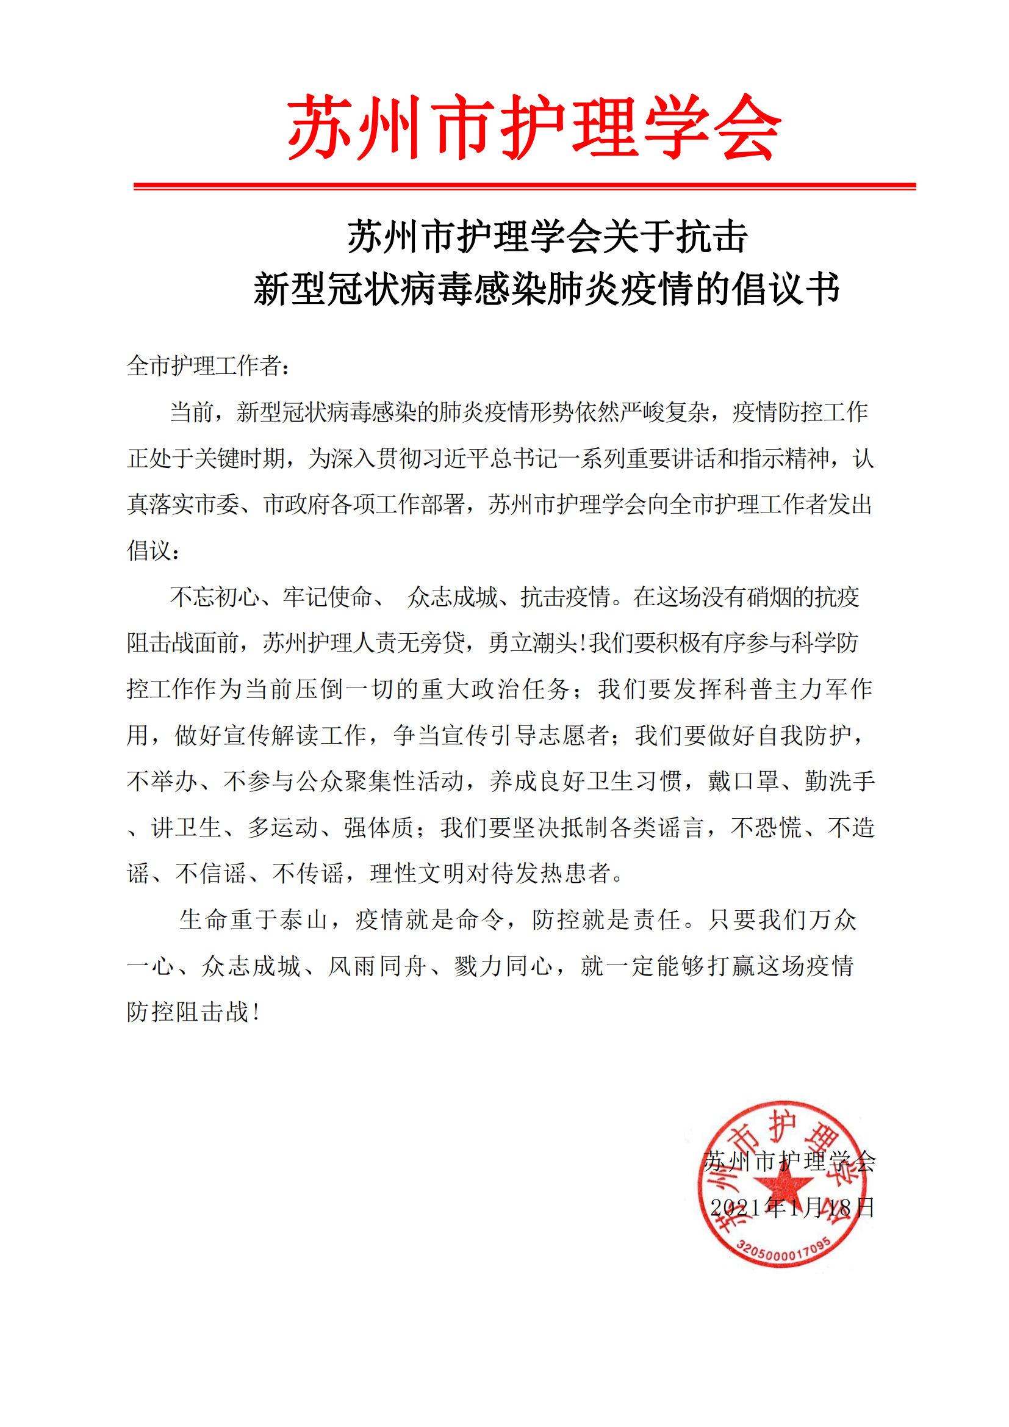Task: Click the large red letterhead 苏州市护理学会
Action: pyautogui.click(x=533, y=128)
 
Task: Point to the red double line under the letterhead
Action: pyautogui.click(x=525, y=186)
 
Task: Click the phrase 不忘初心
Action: pyautogui.click(x=214, y=597)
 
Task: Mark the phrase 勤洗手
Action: pyautogui.click(x=839, y=782)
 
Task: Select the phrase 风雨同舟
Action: pyautogui.click(x=377, y=966)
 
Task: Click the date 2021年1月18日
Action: pyautogui.click(x=792, y=1207)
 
